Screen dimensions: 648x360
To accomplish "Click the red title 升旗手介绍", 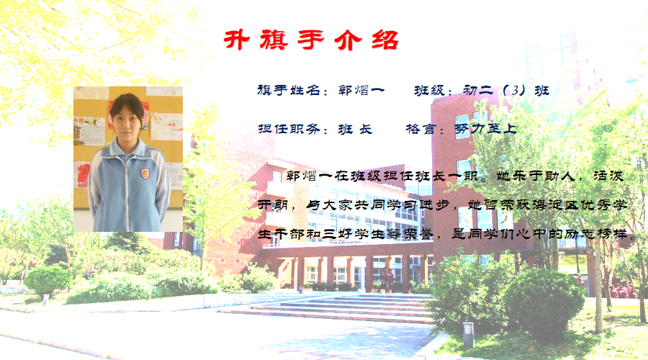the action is coord(311,40).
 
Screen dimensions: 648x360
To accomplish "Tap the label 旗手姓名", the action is coord(289,90).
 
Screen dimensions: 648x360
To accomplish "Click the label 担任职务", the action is coord(289,129).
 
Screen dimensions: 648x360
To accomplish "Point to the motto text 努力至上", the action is coord(486,129).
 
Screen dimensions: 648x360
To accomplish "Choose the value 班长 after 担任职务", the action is coord(355,129).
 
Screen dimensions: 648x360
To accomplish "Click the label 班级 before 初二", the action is coord(429,90).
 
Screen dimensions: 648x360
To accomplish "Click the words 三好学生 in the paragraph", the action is coord(354,234).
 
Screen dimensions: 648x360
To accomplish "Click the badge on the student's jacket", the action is coord(145,174).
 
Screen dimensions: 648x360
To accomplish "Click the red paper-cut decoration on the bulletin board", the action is coord(84,173).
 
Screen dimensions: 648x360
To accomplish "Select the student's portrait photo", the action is coord(128,159).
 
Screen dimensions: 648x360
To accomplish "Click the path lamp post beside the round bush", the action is coord(468,334).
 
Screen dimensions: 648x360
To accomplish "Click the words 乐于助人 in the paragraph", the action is coord(543,176).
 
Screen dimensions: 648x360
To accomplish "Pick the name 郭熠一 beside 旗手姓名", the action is coord(361,90).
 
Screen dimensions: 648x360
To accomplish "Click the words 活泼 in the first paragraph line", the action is coord(608,176).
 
